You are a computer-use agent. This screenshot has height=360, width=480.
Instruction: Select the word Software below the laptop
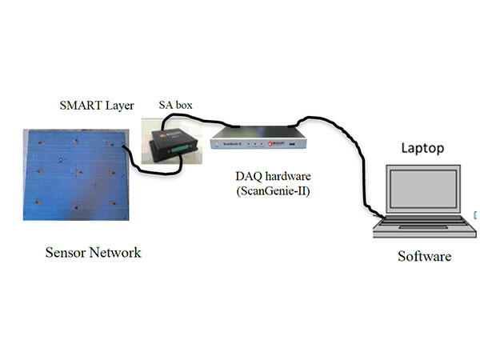pyautogui.click(x=425, y=257)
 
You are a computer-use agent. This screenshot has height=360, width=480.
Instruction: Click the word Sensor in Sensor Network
pyautogui.click(x=66, y=253)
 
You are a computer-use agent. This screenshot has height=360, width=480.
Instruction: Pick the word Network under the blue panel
pyautogui.click(x=114, y=253)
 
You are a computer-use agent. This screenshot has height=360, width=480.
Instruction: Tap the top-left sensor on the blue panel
pyautogui.click(x=40, y=142)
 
